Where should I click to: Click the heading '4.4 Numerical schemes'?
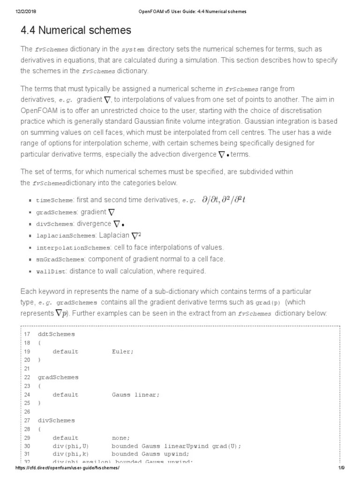point(76,31)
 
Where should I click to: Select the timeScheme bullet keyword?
point(54,200)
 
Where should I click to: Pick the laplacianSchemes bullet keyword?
point(66,235)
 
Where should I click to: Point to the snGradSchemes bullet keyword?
point(60,259)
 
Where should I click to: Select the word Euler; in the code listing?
point(123,351)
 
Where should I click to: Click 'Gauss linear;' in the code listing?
point(135,395)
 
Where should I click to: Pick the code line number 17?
point(27,334)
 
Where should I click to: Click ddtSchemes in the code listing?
point(56,334)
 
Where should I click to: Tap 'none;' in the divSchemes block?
point(121,437)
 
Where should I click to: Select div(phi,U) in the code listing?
point(70,446)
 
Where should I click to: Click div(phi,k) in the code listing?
point(70,455)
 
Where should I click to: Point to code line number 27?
point(27,420)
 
